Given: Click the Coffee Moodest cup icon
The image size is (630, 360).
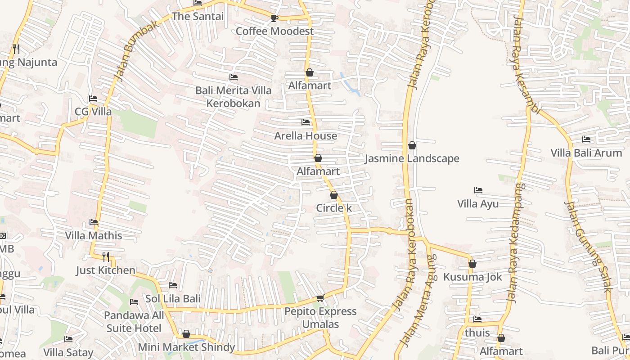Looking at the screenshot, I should [274, 18].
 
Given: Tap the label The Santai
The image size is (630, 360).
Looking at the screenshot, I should [198, 16].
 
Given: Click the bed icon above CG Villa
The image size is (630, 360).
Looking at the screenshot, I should [93, 99].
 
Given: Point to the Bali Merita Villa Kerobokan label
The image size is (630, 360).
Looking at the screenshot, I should [233, 97].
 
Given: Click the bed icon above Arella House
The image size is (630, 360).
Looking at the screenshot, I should [306, 122].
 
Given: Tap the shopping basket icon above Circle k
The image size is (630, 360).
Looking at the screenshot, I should [333, 195].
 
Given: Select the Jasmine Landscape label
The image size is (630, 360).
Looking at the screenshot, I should [412, 158].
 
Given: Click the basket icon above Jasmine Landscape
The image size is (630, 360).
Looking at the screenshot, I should [412, 145].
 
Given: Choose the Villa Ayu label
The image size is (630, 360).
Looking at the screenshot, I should [478, 204].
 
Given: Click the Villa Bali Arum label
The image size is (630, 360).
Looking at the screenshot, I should [586, 153].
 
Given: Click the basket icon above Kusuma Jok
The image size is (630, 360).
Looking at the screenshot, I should [472, 264].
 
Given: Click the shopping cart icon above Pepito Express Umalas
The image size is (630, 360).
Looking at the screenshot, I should [320, 298].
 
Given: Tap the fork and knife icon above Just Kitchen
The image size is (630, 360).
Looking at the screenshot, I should [106, 257].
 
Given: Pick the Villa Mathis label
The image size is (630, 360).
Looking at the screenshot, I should [94, 235].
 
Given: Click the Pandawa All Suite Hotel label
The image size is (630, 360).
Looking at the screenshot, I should [134, 322].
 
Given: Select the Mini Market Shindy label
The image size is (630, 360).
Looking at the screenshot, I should [186, 347].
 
